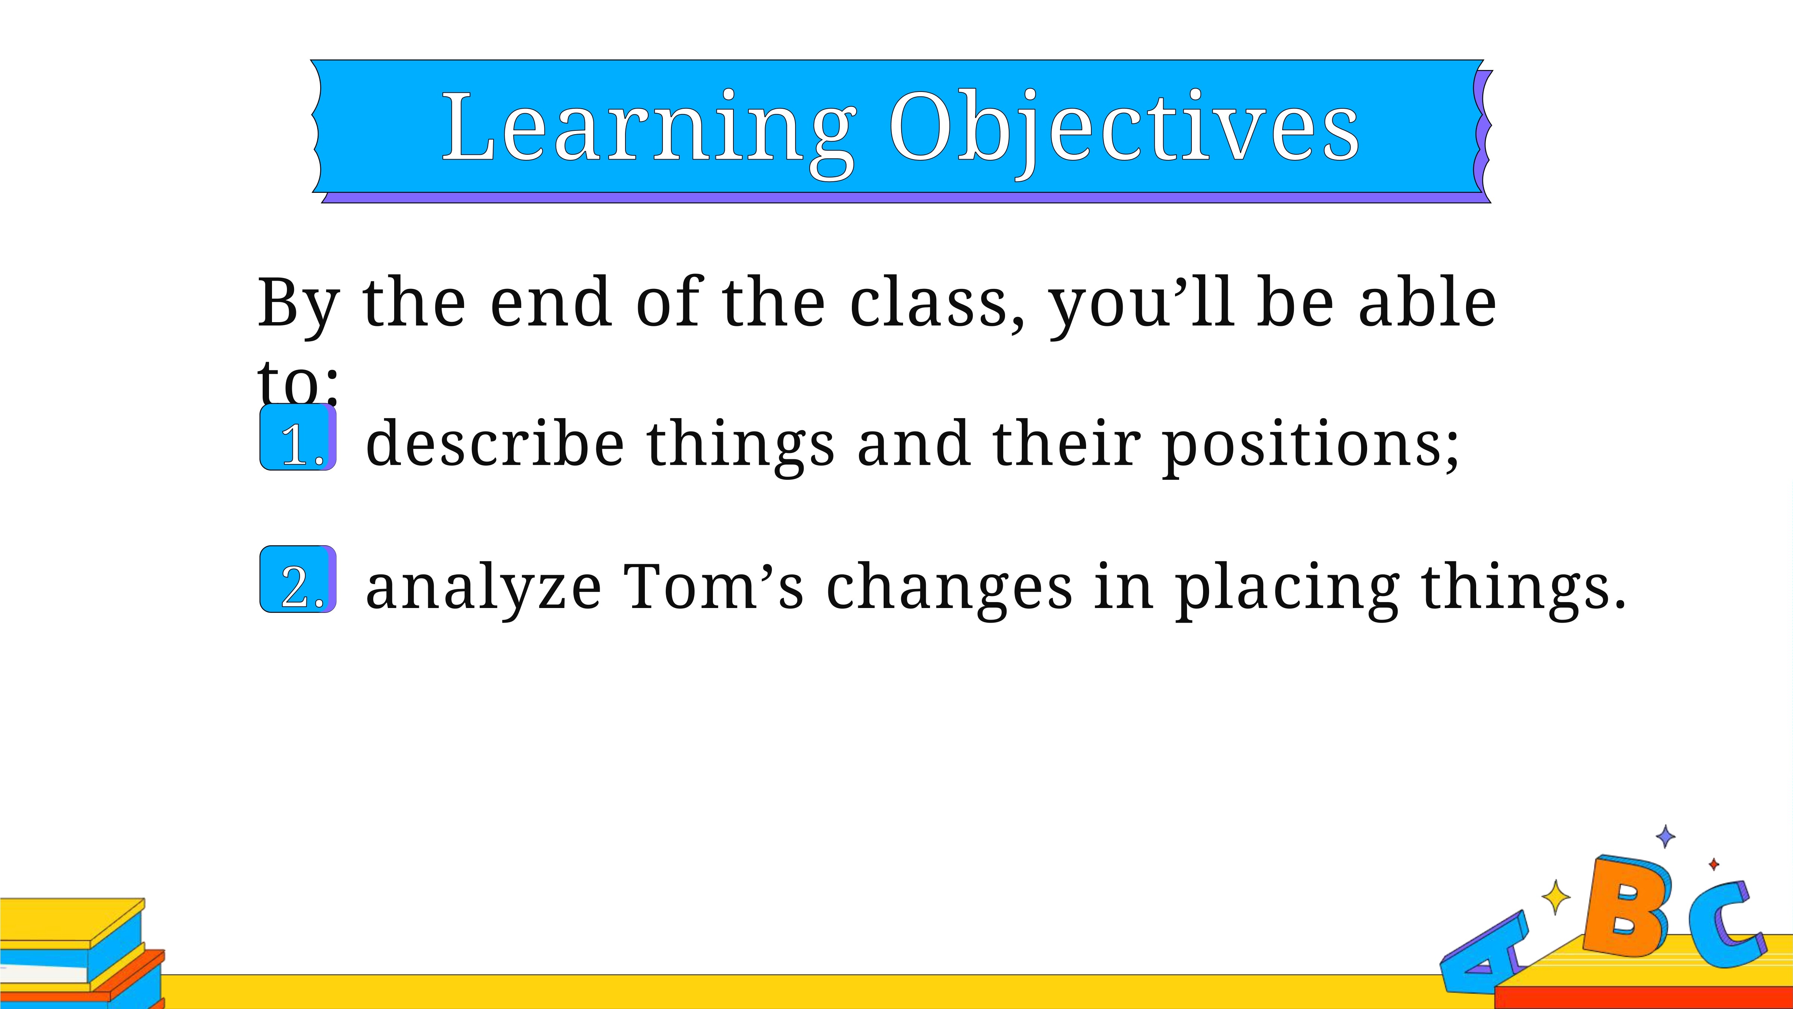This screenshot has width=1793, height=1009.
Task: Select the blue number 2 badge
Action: (x=298, y=579)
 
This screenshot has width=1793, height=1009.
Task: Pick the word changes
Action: (x=949, y=589)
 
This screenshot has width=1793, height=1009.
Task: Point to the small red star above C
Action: (x=1714, y=864)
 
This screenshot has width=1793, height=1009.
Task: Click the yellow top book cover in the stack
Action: (x=69, y=920)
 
